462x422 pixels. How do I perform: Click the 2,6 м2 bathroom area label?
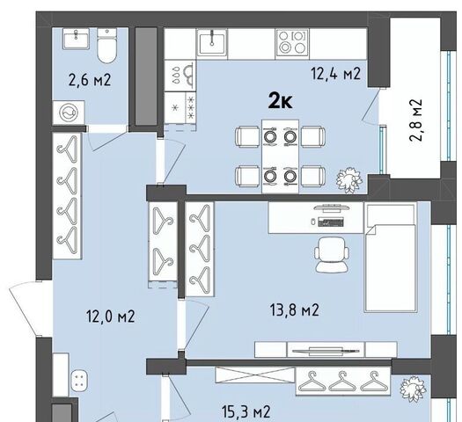tap(90, 80)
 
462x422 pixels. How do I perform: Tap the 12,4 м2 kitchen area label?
tap(336, 74)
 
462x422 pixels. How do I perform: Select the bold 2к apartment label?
tap(280, 102)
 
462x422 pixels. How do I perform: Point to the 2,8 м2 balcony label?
tap(416, 120)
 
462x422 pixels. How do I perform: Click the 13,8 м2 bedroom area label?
tap(294, 309)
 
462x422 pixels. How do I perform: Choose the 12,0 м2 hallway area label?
tap(111, 316)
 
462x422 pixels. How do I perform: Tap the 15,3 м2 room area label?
tap(246, 411)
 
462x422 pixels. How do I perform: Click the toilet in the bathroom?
tap(107, 46)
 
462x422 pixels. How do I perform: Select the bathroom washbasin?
tap(76, 39)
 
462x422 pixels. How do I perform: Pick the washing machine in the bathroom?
tap(69, 113)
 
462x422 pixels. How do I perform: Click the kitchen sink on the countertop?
tap(212, 42)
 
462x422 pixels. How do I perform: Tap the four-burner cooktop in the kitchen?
tap(292, 42)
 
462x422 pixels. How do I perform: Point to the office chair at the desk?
tap(332, 254)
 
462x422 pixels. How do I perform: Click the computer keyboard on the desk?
tap(331, 222)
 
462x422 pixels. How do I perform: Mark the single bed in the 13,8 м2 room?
tap(391, 257)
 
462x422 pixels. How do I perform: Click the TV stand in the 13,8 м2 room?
tap(326, 350)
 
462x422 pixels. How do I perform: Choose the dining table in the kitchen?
tap(280, 156)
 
